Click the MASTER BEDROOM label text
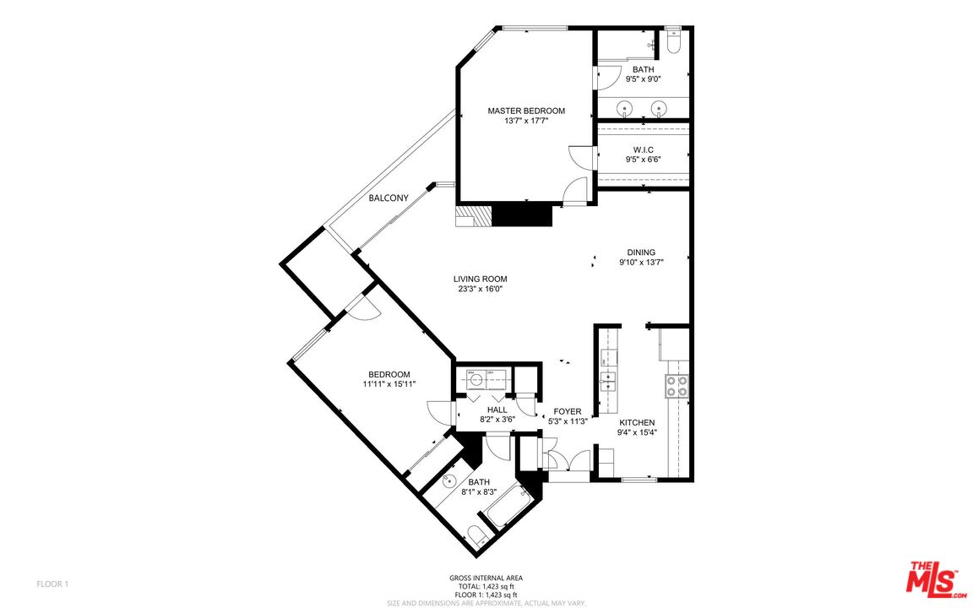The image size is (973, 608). point(525,111)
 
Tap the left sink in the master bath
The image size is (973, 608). point(625,107)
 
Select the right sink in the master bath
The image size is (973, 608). point(660,107)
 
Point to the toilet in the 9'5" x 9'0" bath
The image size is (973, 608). point(674,42)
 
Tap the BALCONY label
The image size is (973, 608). point(389,198)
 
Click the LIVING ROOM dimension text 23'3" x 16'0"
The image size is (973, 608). point(480,289)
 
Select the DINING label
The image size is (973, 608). point(641,252)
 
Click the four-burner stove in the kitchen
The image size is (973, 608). point(677,386)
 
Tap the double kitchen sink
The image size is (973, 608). point(608,383)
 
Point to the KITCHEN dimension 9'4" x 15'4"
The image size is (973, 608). point(638,432)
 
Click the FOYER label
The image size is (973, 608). point(567,411)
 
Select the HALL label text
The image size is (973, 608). point(497,410)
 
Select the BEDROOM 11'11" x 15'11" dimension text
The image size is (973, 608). point(389,384)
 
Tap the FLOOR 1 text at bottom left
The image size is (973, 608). point(52,584)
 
